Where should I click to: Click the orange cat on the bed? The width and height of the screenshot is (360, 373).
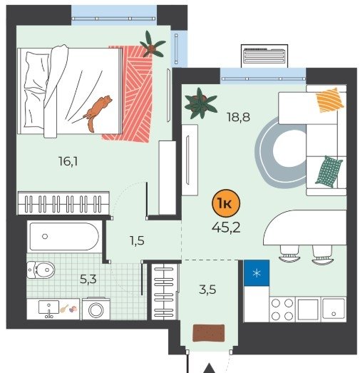pyautogui.click(x=98, y=113)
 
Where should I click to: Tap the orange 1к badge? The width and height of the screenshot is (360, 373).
pyautogui.click(x=226, y=203)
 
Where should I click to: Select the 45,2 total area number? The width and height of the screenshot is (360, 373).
pyautogui.click(x=226, y=228)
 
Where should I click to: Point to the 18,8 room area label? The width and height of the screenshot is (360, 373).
pyautogui.click(x=238, y=117)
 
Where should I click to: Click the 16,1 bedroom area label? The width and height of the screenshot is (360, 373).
pyautogui.click(x=68, y=161)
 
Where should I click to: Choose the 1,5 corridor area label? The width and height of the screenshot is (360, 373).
pyautogui.click(x=137, y=241)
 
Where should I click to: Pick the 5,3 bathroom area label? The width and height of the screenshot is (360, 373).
pyautogui.click(x=88, y=279)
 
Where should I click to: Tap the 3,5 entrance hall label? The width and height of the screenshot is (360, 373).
pyautogui.click(x=207, y=290)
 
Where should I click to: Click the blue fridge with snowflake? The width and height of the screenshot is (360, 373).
pyautogui.click(x=257, y=273)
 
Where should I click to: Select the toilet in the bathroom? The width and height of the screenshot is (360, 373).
pyautogui.click(x=41, y=270)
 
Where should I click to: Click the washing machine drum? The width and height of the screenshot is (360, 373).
pyautogui.click(x=96, y=310)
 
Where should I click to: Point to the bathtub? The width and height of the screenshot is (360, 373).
pyautogui.click(x=64, y=236)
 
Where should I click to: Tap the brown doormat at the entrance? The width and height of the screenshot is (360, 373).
pyautogui.click(x=209, y=333)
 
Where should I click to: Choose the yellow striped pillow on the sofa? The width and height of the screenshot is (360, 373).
pyautogui.click(x=330, y=100)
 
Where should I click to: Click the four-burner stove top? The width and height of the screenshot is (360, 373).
pyautogui.click(x=282, y=310)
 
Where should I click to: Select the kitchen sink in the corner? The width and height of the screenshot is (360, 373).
pyautogui.click(x=334, y=310)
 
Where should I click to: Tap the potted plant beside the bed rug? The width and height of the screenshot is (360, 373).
pyautogui.click(x=152, y=45)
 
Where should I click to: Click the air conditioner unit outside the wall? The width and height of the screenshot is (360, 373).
pyautogui.click(x=264, y=56)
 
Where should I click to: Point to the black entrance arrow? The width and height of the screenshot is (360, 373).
pyautogui.click(x=209, y=368)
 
